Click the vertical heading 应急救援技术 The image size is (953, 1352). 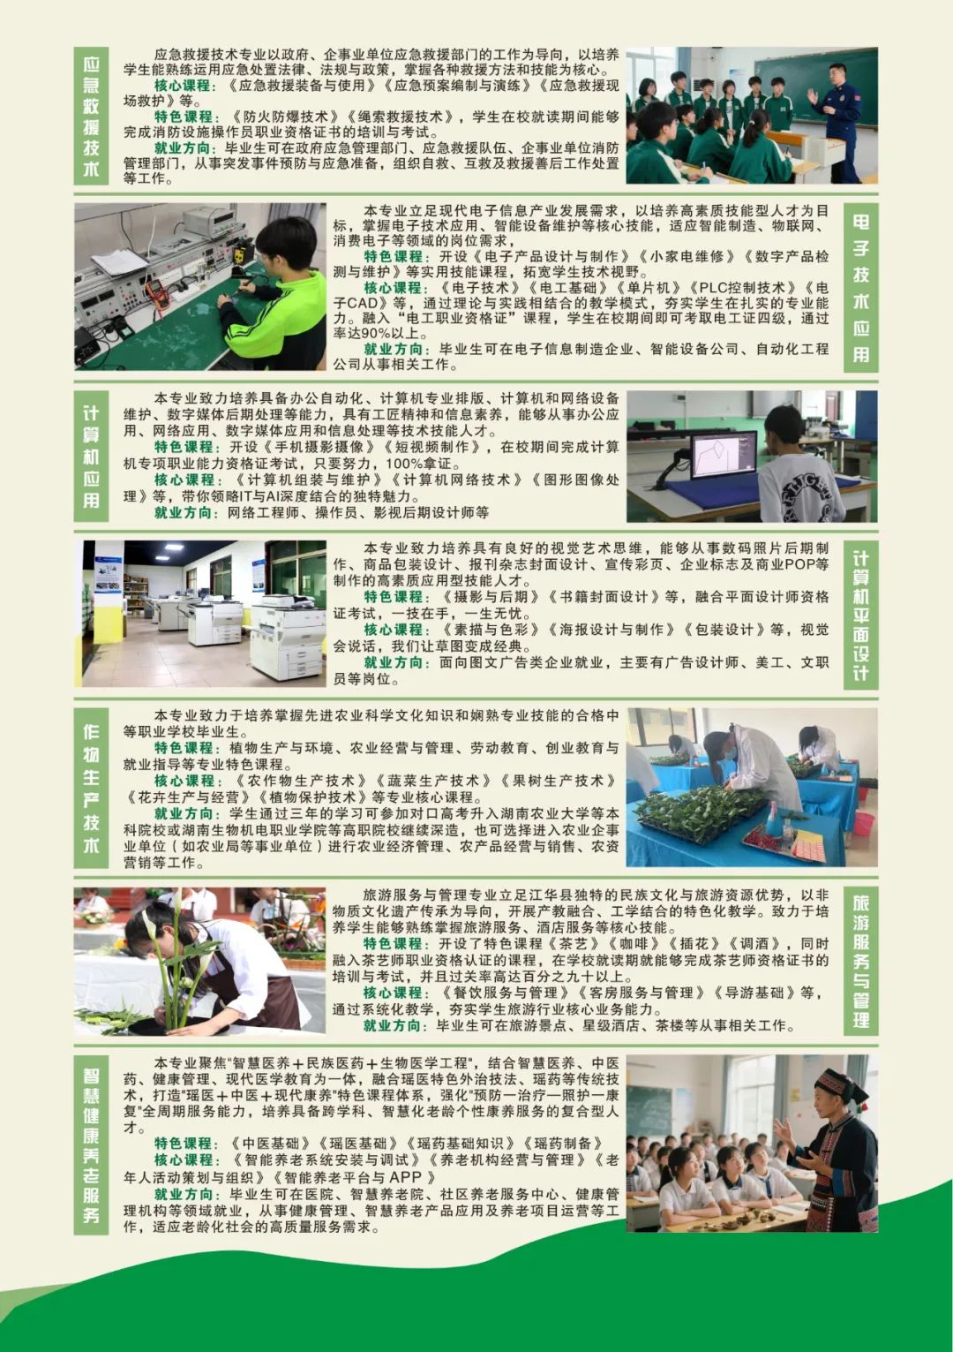(x=91, y=116)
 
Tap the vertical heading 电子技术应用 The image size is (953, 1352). (x=861, y=287)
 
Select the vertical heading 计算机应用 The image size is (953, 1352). (x=91, y=457)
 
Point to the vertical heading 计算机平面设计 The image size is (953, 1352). (x=861, y=615)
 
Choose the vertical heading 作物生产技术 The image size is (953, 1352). (x=91, y=788)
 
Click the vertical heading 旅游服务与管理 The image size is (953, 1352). (x=861, y=962)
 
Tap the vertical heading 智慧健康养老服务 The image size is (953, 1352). (x=91, y=1144)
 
